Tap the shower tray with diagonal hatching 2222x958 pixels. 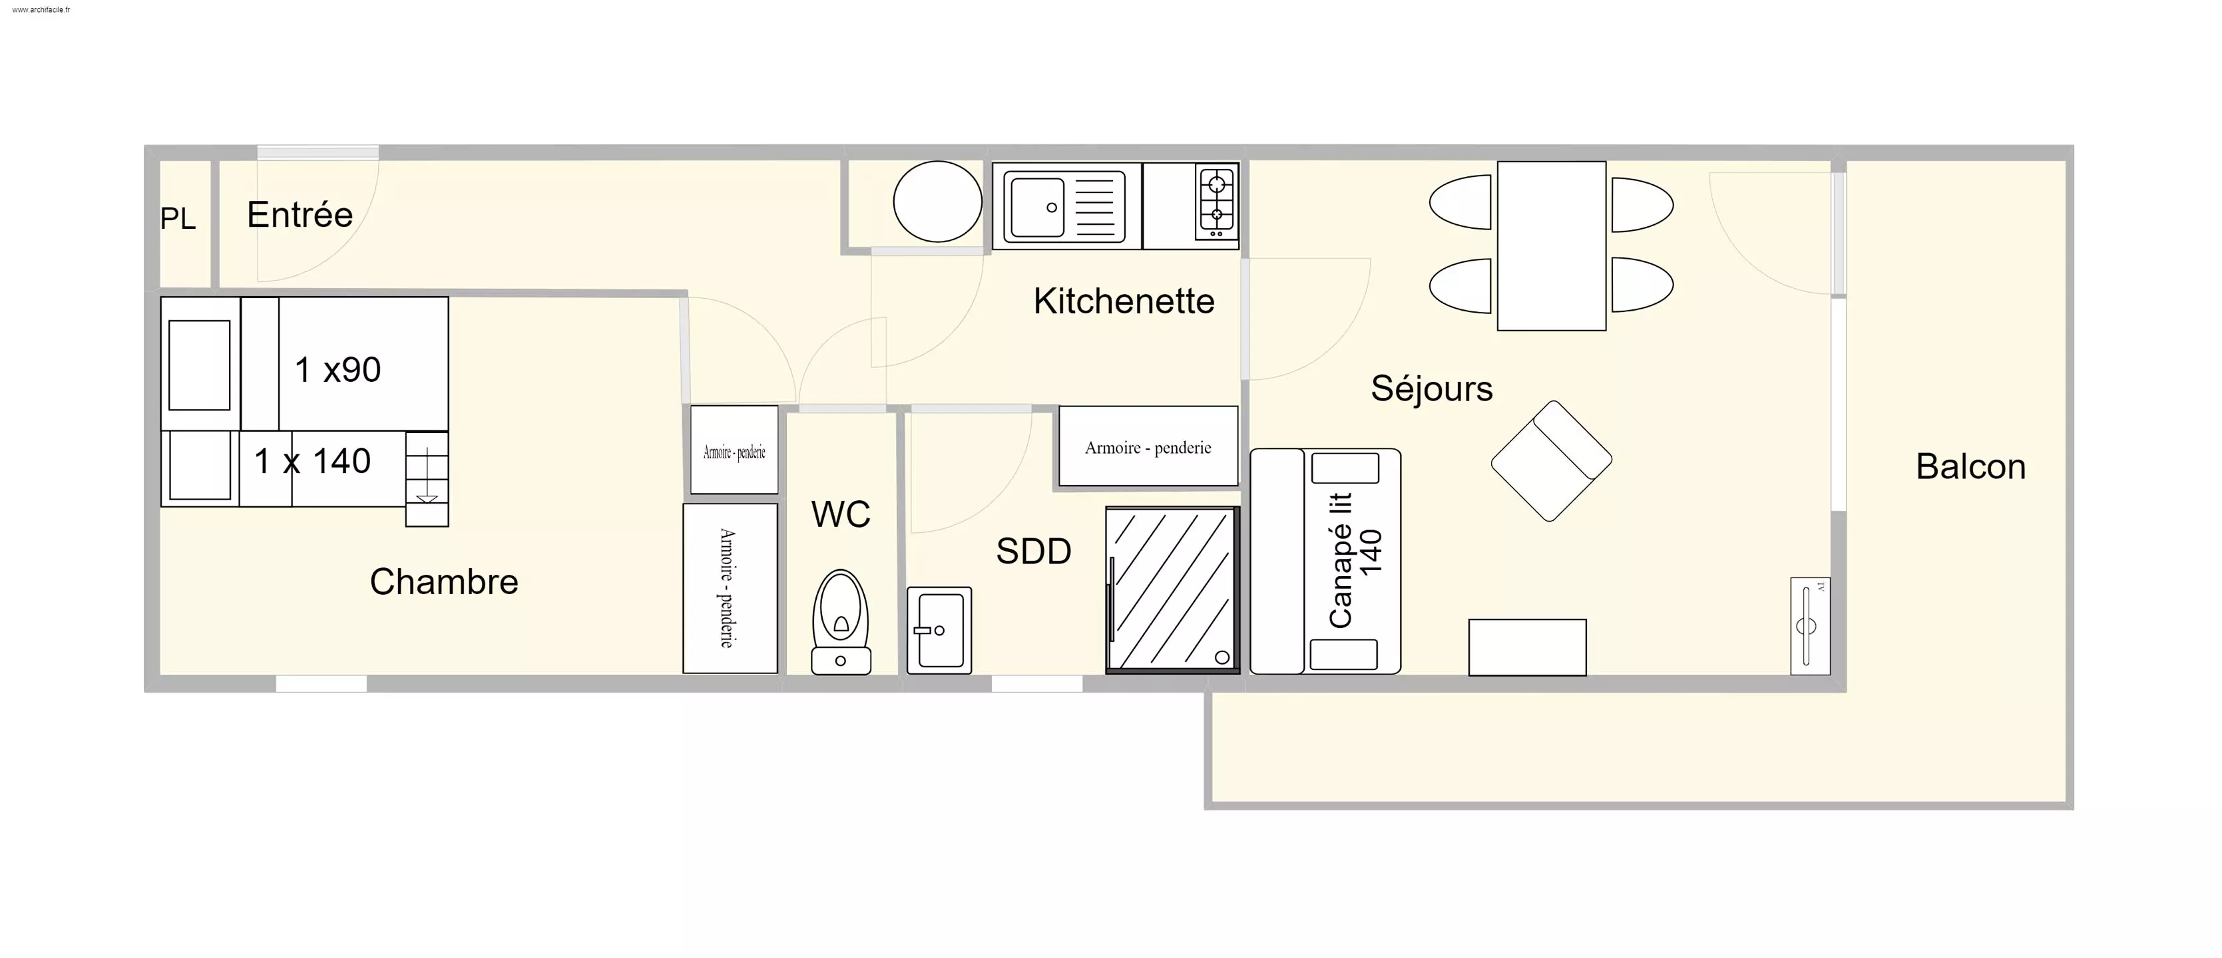(1173, 590)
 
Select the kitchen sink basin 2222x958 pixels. (1038, 207)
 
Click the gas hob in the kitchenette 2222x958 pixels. (1216, 203)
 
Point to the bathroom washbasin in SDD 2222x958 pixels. (939, 630)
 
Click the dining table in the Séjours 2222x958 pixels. (1551, 245)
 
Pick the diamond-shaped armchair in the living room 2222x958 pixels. (1551, 460)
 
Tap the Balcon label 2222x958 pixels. (1970, 466)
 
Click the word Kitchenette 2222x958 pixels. (1123, 301)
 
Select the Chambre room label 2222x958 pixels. (444, 582)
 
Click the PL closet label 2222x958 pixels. (178, 219)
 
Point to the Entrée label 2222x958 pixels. (300, 215)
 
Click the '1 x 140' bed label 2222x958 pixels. (312, 461)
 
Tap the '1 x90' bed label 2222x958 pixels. (337, 370)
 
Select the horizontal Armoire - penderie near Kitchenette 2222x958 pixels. (1148, 446)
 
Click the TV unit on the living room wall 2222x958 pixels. (1810, 626)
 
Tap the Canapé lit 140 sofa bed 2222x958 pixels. (1325, 560)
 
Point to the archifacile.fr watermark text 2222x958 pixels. (41, 9)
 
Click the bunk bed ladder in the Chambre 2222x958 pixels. (427, 478)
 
